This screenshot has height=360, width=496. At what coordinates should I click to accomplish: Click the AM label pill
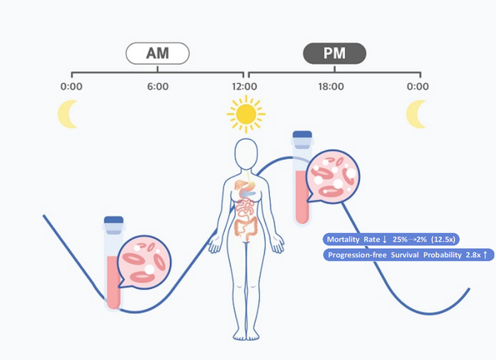157,53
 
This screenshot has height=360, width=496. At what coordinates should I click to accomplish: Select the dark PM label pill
334,53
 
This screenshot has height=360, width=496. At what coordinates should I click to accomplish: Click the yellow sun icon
246,114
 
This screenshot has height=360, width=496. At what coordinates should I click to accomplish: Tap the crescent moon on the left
68,113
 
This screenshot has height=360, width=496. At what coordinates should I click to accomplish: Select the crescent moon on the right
416,113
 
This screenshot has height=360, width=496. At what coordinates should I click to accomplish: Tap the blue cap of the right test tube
303,135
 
